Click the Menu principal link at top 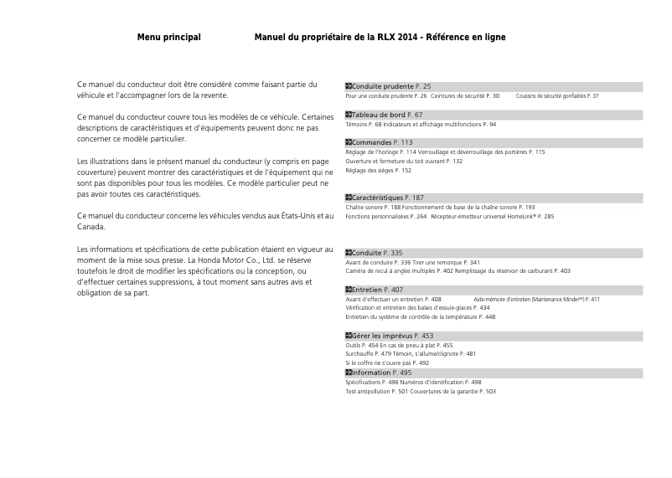click(168, 38)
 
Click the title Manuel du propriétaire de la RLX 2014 click(380, 38)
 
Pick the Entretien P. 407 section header click(376, 290)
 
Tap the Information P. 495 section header click(380, 373)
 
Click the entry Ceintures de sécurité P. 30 click(465, 96)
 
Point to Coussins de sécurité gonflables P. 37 click(557, 96)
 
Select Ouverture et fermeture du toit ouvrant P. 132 click(404, 161)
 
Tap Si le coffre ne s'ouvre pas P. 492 click(387, 363)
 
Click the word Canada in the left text click(91, 227)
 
